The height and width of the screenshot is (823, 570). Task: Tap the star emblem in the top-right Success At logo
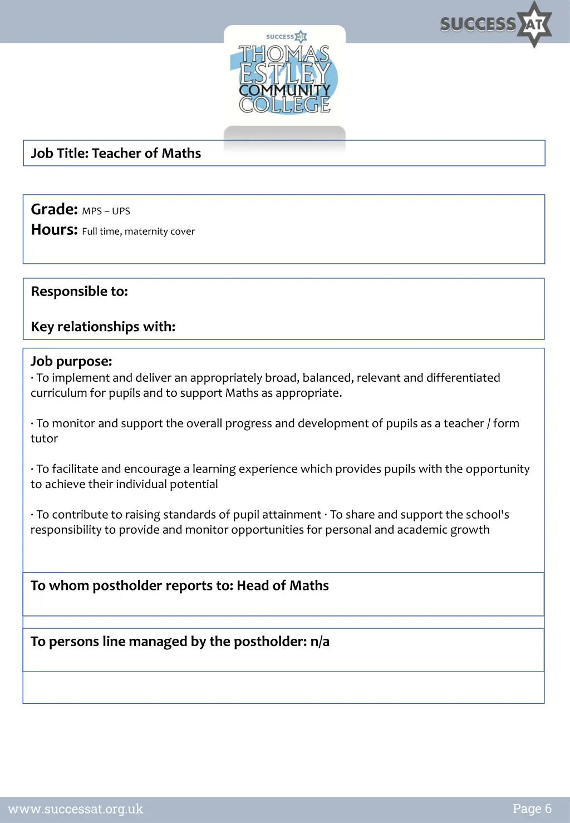coord(534,24)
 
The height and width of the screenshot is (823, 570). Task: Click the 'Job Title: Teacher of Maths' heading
coord(116,154)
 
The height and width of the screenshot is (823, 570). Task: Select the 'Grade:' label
coord(54,209)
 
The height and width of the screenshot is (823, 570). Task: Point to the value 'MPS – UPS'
coord(106,211)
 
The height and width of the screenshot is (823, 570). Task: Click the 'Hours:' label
coord(54,230)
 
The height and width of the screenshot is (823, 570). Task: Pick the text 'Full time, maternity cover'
coord(138,231)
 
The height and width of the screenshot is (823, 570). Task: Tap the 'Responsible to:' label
coord(79,292)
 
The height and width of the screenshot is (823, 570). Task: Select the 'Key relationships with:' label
coord(103,327)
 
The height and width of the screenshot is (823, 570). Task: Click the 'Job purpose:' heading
coord(71,362)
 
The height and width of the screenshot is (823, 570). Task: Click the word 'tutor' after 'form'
coord(44,438)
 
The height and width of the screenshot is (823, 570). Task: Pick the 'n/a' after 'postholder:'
coord(320,642)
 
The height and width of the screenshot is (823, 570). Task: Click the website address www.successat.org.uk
coord(76,809)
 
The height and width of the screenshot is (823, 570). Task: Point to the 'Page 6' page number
coord(532,809)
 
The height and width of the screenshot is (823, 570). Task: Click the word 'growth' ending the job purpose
coord(470,530)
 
